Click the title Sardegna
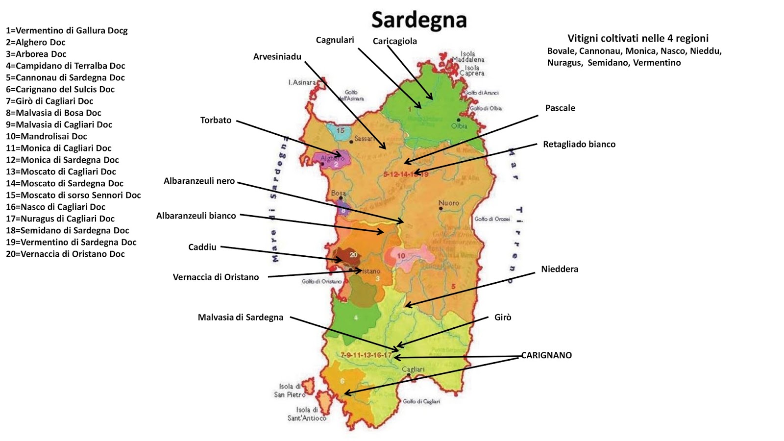coord(419,21)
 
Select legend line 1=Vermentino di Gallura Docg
coord(67,30)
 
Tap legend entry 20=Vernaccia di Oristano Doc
coord(65,254)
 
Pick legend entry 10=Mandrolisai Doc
coord(47,136)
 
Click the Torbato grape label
coord(216,120)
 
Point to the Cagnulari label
coord(335,40)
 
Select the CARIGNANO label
coord(546,355)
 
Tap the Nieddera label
coord(560,269)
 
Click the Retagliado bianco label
coord(579,144)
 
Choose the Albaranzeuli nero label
coord(199,181)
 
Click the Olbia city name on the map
coord(459,126)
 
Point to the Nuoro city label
coord(449,203)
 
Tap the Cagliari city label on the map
coord(413,369)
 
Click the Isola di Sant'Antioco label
coord(307,414)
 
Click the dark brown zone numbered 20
coord(349,255)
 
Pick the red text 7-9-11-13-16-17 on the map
coord(366,355)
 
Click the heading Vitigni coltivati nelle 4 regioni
coord(637,38)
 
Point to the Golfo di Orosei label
coord(492,219)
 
